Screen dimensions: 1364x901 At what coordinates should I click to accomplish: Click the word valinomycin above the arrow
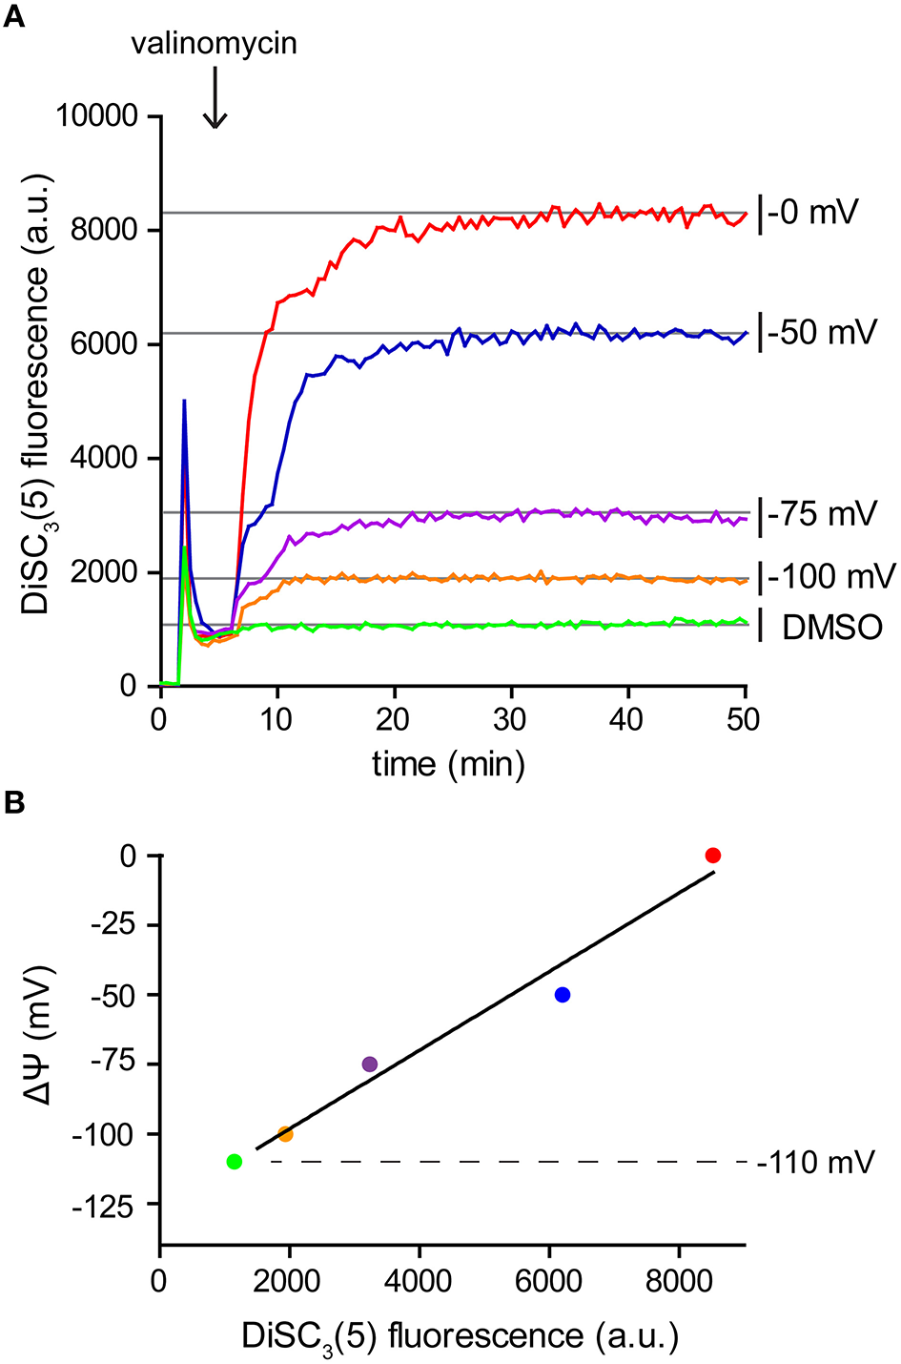point(214,43)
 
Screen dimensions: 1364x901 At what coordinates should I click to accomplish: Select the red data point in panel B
point(712,856)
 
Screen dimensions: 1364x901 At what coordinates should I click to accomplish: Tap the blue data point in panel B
point(563,995)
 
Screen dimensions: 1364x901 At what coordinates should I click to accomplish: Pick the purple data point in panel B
point(370,1064)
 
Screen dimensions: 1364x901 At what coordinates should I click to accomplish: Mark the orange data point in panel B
point(285,1134)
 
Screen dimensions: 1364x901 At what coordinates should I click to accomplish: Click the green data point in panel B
point(235,1162)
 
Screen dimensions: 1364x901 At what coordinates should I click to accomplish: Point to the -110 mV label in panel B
point(815,1163)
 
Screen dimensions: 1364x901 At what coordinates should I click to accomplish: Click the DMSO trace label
point(832,628)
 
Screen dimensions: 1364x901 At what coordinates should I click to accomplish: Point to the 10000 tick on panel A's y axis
point(97,116)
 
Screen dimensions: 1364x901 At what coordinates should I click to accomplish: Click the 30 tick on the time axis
point(510,720)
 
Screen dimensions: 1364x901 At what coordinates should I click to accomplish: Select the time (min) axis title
point(448,764)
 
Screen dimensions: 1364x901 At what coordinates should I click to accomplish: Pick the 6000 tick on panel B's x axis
point(549,1280)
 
